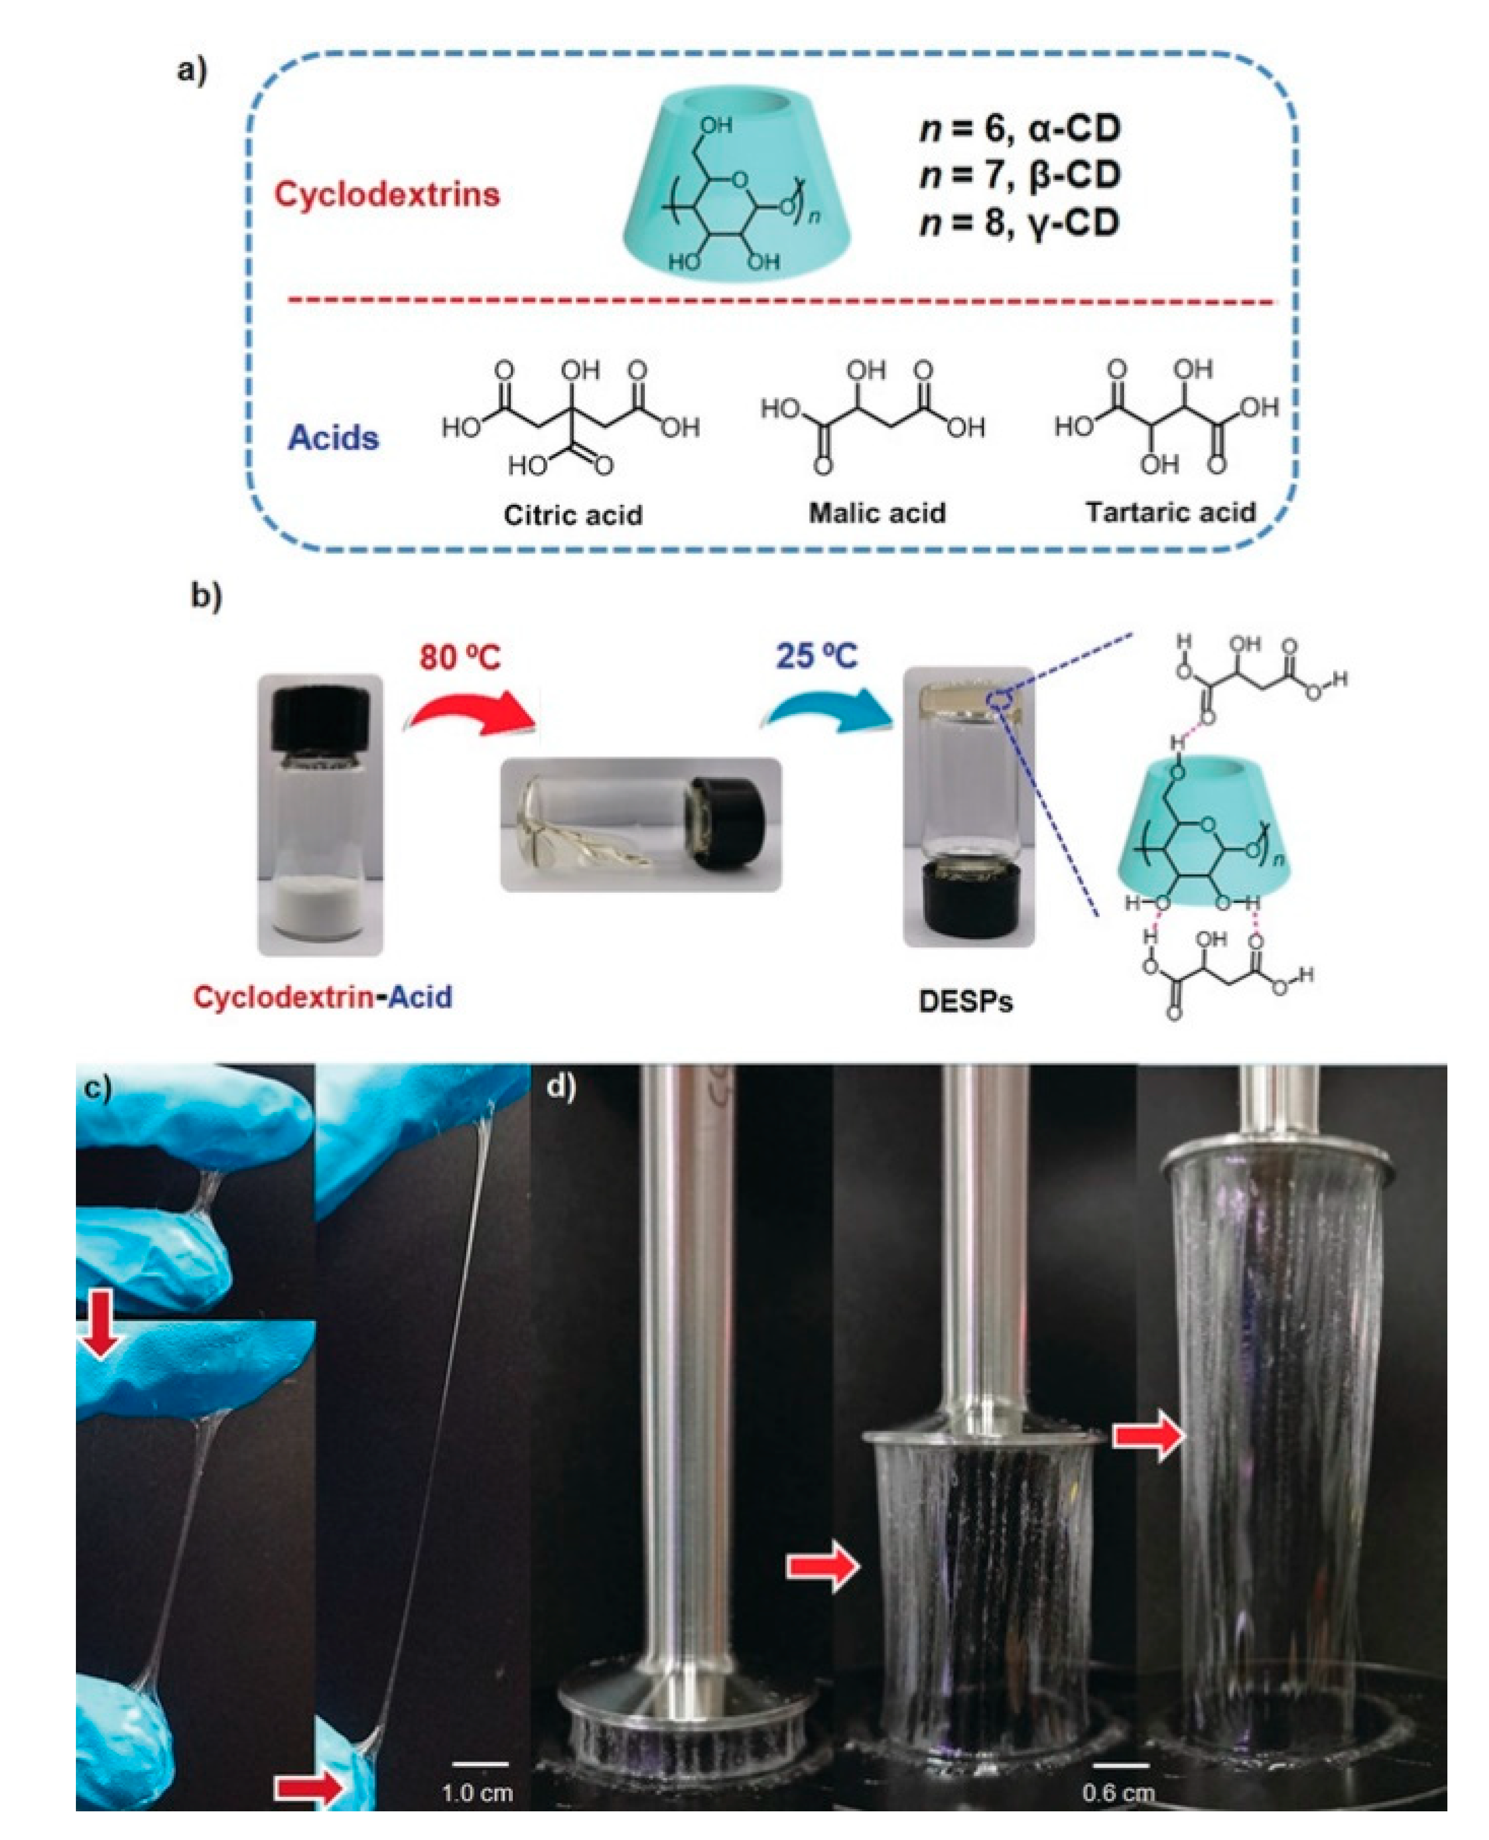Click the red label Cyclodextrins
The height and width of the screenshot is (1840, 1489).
pyautogui.click(x=387, y=194)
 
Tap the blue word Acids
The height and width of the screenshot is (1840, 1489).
pyautogui.click(x=333, y=438)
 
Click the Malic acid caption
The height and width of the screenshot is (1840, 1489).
pyautogui.click(x=877, y=513)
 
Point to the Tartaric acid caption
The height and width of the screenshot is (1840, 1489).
pyautogui.click(x=1170, y=512)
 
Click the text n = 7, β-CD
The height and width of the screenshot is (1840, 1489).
pyautogui.click(x=1020, y=176)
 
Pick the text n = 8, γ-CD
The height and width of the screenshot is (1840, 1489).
pyautogui.click(x=1020, y=223)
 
